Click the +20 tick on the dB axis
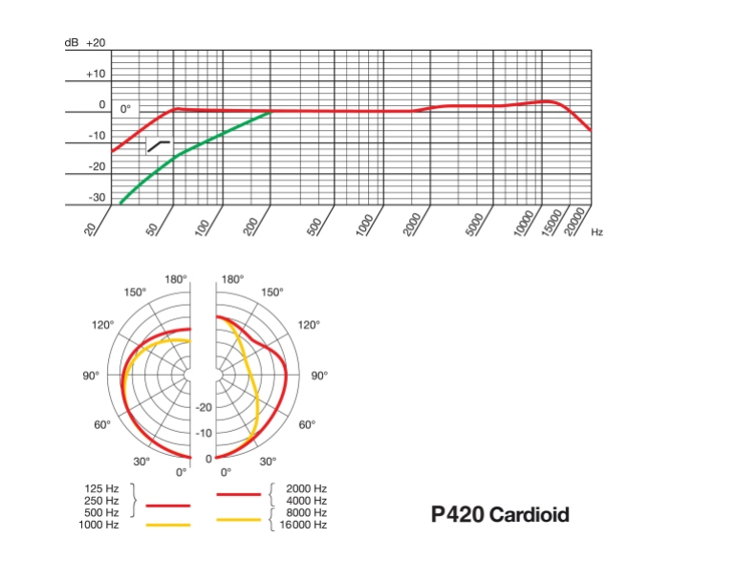(x=97, y=43)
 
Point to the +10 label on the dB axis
(x=97, y=74)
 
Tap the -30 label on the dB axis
(x=97, y=198)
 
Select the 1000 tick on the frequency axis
(x=364, y=226)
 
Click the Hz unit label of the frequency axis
(x=596, y=231)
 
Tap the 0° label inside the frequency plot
(x=125, y=110)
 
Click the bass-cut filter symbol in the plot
(x=158, y=145)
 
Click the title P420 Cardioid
(x=500, y=515)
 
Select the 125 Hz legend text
(x=102, y=488)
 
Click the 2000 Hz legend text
(x=306, y=488)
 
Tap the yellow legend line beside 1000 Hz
(x=167, y=525)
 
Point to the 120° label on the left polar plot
(x=103, y=325)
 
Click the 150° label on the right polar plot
(x=271, y=291)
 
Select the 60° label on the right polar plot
(x=308, y=425)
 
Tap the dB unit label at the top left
(x=72, y=43)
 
